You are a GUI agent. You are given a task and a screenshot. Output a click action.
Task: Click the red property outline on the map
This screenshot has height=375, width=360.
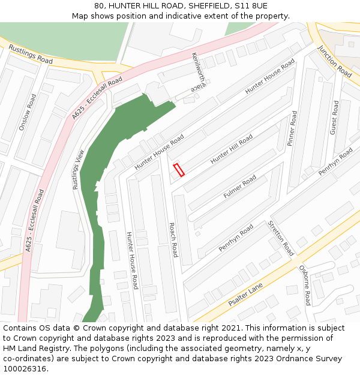178,170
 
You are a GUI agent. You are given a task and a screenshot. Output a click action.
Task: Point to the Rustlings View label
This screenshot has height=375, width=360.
77,170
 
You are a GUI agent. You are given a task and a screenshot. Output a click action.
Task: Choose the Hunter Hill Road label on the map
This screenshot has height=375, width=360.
231,149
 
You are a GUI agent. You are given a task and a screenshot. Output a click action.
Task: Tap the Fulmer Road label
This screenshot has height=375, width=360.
239,187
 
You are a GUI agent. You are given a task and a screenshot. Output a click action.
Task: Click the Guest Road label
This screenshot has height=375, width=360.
334,117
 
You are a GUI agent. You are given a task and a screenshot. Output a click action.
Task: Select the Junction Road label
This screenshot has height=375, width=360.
334,61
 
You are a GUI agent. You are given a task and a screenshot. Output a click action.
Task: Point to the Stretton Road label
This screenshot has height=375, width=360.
281,238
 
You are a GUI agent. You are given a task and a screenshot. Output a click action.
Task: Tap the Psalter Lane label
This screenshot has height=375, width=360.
245,296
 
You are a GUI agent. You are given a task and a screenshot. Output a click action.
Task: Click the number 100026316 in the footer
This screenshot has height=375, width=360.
25,368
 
